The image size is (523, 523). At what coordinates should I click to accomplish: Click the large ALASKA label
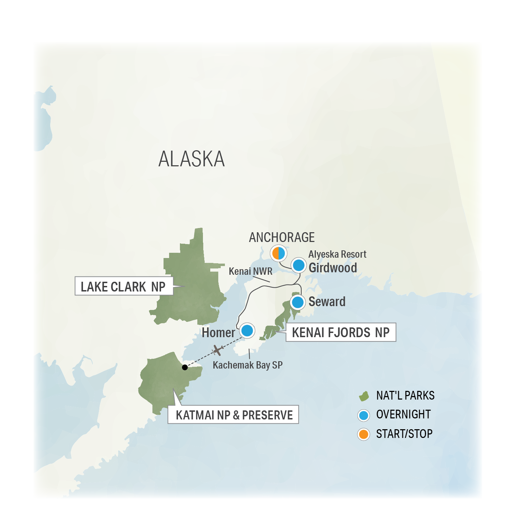191,159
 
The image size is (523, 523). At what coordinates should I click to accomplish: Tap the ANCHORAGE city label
282,237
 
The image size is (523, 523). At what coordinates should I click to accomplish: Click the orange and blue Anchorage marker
279,253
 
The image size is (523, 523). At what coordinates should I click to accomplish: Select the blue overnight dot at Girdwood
298,265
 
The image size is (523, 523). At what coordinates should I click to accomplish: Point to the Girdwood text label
333,268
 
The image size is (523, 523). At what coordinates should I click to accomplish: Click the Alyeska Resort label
337,254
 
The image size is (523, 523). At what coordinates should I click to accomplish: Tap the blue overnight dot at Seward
298,302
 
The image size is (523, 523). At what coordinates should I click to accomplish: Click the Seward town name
327,302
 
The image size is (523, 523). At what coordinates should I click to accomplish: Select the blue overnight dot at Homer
247,330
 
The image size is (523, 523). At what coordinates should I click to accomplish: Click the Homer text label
218,333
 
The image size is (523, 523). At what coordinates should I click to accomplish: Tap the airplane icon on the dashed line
218,350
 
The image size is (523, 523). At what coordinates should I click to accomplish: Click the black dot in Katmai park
185,367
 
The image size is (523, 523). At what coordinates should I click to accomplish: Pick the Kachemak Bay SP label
248,365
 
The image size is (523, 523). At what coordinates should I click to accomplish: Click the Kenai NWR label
250,271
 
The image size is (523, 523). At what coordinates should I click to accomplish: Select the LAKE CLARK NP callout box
124,286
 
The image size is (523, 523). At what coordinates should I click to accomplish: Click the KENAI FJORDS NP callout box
341,332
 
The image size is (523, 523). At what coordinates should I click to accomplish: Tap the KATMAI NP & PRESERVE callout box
233,415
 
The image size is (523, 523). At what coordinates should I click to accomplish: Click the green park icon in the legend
364,396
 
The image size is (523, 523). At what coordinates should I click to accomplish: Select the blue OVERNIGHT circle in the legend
364,415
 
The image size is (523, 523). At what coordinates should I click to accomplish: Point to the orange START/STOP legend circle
364,434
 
